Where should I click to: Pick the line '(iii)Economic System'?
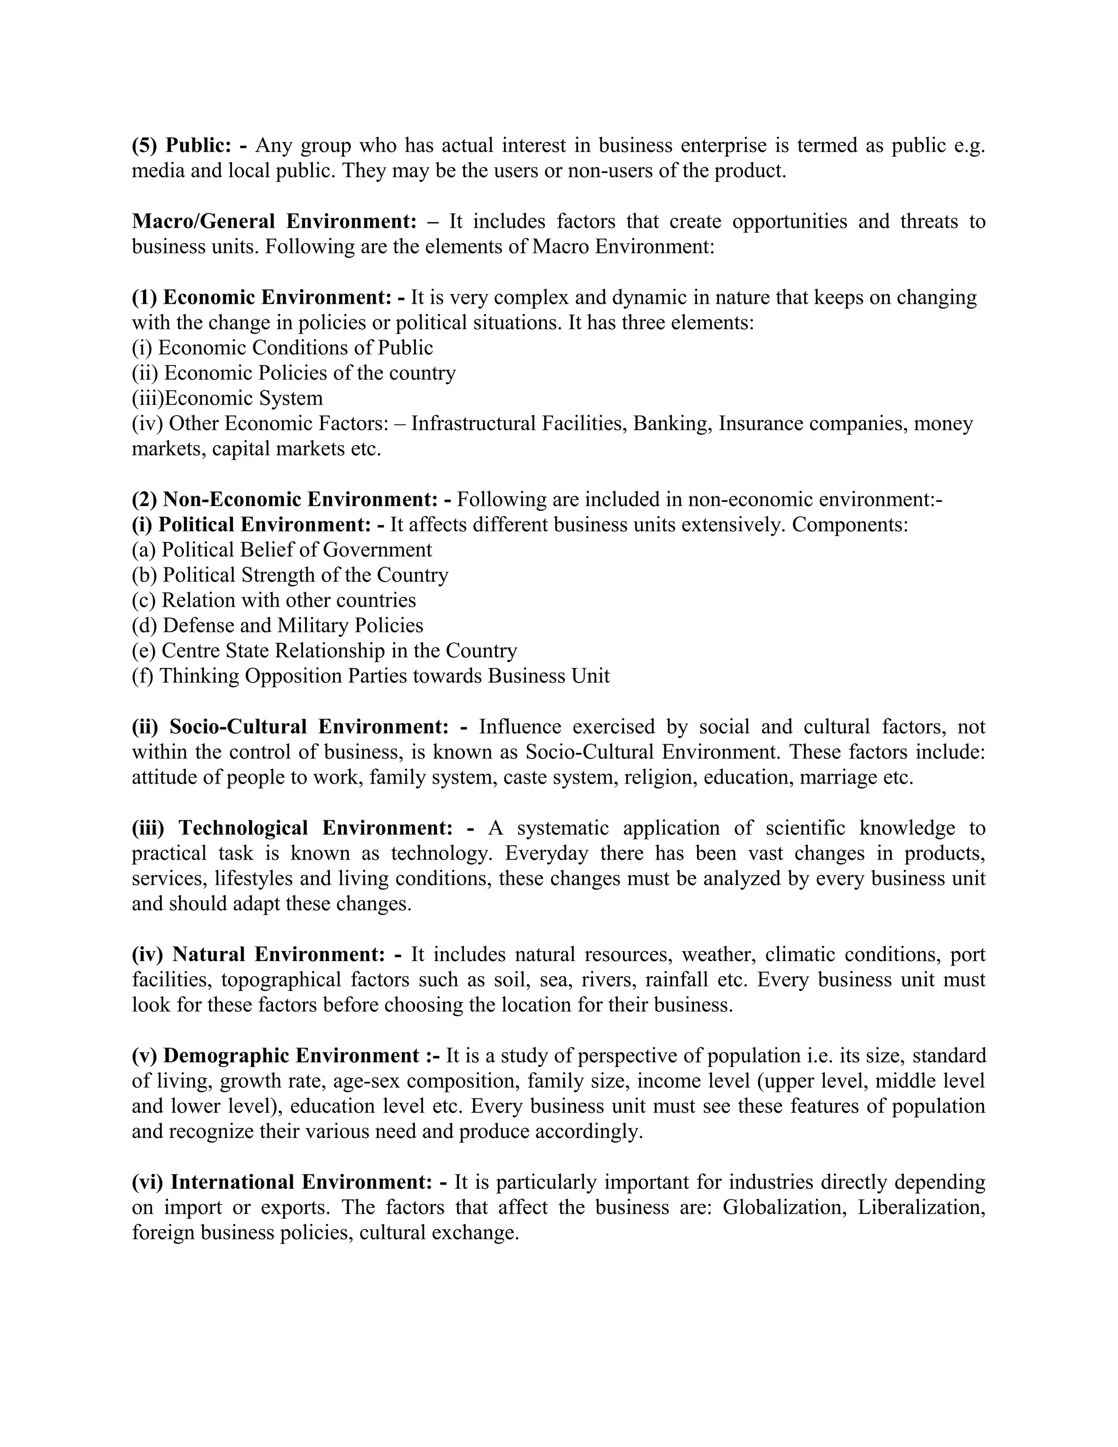click(x=227, y=398)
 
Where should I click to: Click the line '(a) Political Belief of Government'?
click(x=282, y=549)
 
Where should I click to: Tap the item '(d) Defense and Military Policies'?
click(x=277, y=625)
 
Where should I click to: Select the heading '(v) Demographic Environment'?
click(x=276, y=1055)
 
